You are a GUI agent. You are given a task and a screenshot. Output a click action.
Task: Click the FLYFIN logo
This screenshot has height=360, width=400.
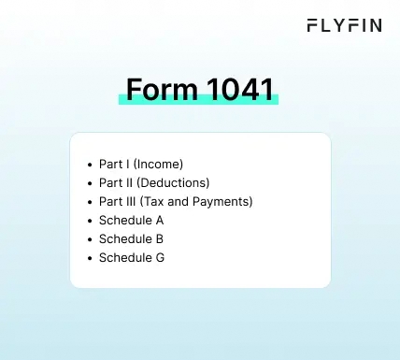[344, 26]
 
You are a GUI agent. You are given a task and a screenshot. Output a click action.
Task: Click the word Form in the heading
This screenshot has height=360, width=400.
[156, 91]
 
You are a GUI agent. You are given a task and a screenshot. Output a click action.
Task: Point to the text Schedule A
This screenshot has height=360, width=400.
[132, 221]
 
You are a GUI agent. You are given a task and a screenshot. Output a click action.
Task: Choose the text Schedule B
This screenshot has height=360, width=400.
[132, 239]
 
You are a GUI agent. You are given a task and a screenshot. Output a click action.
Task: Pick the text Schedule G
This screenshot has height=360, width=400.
[132, 258]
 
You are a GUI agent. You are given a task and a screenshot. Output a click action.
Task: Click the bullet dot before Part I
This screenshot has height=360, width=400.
[89, 165]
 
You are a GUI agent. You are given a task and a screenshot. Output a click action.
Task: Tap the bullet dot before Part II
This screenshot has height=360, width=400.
[89, 183]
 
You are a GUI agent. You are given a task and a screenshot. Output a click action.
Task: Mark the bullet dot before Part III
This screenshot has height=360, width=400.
[89, 202]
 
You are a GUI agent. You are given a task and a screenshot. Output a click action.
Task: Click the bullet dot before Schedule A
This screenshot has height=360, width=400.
[89, 221]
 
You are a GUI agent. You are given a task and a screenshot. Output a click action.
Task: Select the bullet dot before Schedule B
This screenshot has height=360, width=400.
[89, 239]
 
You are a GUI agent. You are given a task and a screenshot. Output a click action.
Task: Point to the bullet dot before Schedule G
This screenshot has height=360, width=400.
[89, 258]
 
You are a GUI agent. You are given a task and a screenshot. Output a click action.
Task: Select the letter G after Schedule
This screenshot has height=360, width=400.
[161, 258]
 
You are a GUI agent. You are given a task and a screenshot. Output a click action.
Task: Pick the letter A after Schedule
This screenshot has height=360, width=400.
[161, 221]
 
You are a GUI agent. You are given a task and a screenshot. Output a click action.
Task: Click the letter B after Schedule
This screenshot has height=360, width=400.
[161, 239]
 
